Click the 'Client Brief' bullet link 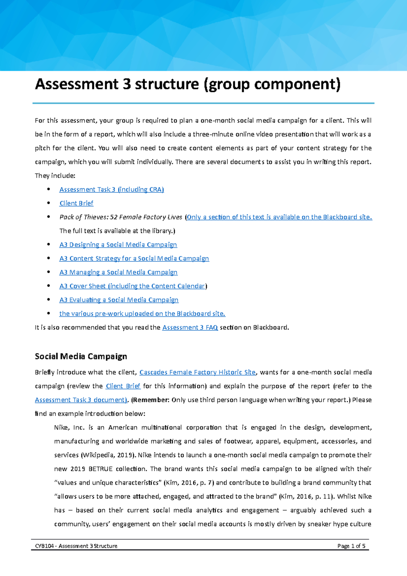[76, 203]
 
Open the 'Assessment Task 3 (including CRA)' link [112, 190]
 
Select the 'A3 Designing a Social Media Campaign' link [118, 245]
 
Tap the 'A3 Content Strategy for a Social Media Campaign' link [134, 258]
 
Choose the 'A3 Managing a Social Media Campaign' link [118, 272]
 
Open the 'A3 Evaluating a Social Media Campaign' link [119, 300]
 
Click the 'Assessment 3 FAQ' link [190, 328]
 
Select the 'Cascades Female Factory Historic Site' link [197, 372]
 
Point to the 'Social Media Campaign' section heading [81, 357]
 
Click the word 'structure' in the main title [167, 84]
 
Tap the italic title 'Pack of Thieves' [83, 217]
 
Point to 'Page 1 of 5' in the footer [351, 546]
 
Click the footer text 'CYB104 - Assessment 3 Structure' [76, 546]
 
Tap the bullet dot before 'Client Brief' [49, 203]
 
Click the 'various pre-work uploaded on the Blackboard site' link [142, 314]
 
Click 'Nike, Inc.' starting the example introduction [69, 428]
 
